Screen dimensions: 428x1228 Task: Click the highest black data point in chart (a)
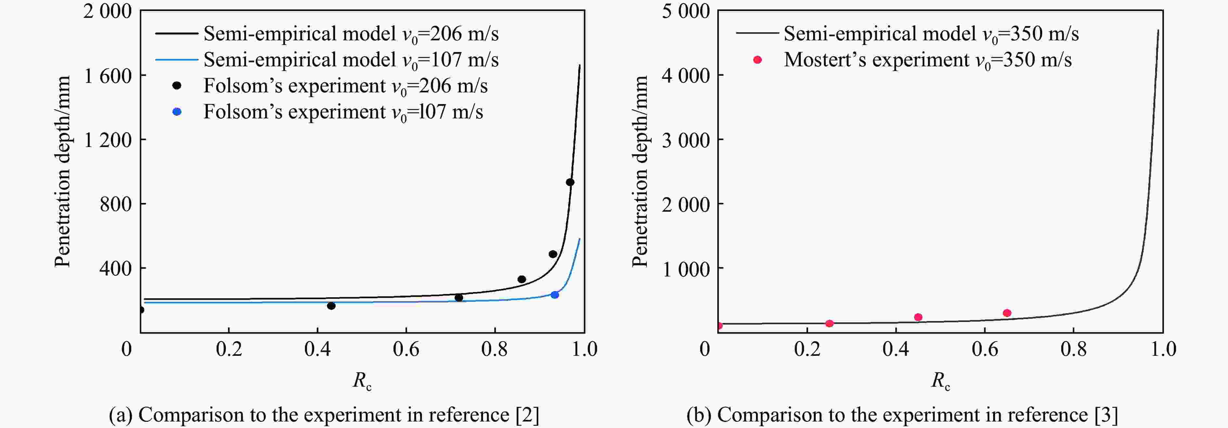click(570, 182)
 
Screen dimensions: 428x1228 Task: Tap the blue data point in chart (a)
click(555, 295)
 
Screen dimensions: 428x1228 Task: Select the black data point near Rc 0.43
click(331, 306)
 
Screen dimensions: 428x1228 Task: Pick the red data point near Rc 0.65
click(1007, 313)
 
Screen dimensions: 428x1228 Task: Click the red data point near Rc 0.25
click(829, 324)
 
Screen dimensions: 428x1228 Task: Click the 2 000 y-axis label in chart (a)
click(108, 11)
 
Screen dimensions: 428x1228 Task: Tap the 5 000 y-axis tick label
click(685, 11)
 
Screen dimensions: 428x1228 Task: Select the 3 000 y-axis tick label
click(685, 140)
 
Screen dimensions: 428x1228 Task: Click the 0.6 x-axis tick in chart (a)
click(406, 349)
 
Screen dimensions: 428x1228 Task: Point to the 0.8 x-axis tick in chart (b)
click(1074, 349)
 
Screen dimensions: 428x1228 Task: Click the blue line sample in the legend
click(176, 60)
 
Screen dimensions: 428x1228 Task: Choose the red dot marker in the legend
click(757, 60)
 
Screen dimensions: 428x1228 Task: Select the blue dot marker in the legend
click(177, 112)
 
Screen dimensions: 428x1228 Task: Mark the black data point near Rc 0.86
click(521, 279)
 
